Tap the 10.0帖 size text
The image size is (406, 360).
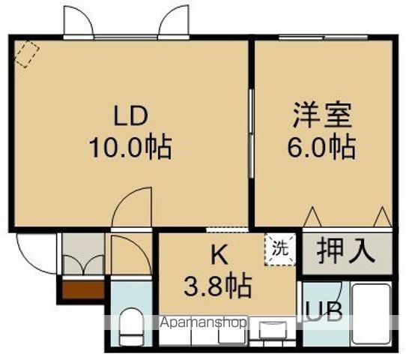pos(132,147)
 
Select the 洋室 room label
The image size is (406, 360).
pos(321,117)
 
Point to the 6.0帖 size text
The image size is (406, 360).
pos(321,147)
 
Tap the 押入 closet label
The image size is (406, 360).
pos(347,250)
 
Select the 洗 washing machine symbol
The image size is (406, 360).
pos(279,248)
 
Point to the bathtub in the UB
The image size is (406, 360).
pos(372,316)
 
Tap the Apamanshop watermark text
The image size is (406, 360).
pos(204,324)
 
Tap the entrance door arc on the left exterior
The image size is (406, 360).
pos(33,255)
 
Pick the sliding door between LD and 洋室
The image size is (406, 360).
pos(251,124)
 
